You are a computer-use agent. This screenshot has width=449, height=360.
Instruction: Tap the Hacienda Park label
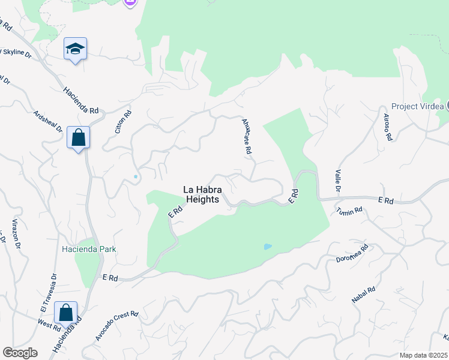88,249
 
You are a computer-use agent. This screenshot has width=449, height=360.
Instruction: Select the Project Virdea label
418,106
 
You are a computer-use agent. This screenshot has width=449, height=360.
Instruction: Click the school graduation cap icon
76,49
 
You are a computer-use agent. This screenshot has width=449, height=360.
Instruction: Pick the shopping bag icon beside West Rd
65,313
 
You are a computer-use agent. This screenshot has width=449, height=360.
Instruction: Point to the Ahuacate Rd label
246,137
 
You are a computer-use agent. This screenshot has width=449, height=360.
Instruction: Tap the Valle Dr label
338,181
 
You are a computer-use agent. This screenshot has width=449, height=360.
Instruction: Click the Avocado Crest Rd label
116,326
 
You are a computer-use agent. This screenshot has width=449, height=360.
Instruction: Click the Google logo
20,353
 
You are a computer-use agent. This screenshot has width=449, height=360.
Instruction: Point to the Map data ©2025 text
424,355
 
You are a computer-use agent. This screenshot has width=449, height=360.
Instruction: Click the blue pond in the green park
267,246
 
